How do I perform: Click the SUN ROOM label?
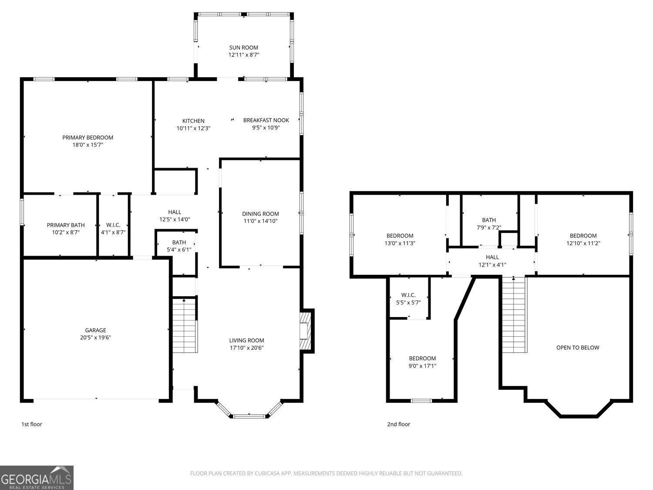pos(243,47)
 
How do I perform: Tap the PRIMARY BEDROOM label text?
pos(88,138)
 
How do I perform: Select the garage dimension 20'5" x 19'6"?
pos(95,338)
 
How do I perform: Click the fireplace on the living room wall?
pos(305,331)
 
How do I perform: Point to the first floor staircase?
pos(185,325)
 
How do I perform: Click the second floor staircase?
pos(515,315)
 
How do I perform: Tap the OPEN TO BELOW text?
pos(578,348)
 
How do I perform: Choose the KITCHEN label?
pos(193,121)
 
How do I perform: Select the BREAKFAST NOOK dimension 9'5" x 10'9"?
pos(266,128)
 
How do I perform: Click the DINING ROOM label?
pos(260,213)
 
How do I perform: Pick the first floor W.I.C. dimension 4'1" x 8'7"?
pos(113,232)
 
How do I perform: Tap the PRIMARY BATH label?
pos(66,225)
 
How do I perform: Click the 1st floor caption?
pos(31,424)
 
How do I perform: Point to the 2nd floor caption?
pos(398,424)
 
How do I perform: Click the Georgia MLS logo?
pos(37,478)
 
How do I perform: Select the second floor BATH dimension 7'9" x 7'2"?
pos(489,227)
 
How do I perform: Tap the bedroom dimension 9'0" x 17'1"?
pos(422,365)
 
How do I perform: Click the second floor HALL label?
pos(492,257)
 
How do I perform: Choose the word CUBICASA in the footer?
pos(266,473)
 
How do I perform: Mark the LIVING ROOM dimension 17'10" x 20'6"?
pos(246,348)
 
